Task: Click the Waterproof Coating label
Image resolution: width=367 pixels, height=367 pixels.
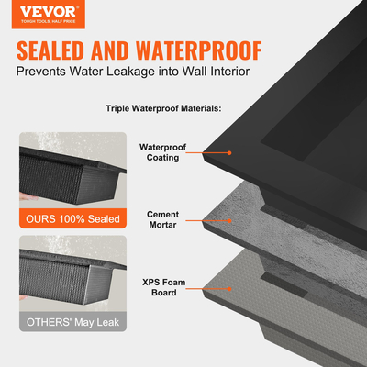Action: [x=162, y=152]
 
